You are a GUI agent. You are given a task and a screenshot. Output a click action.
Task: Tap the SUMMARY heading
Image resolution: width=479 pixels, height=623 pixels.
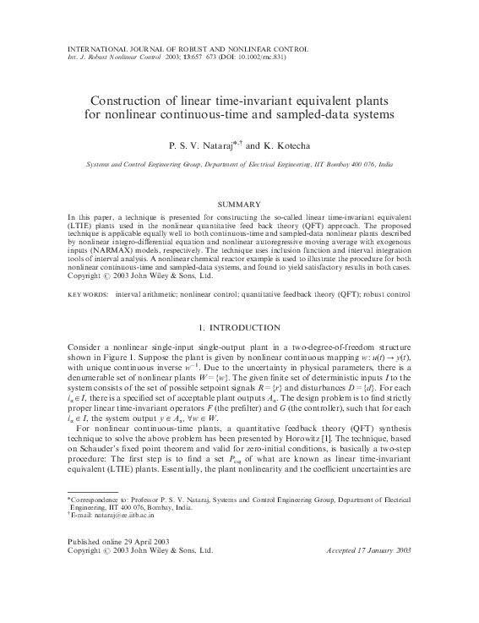click(x=239, y=205)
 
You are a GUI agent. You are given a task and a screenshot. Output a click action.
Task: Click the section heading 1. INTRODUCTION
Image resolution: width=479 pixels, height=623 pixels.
click(x=239, y=303)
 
